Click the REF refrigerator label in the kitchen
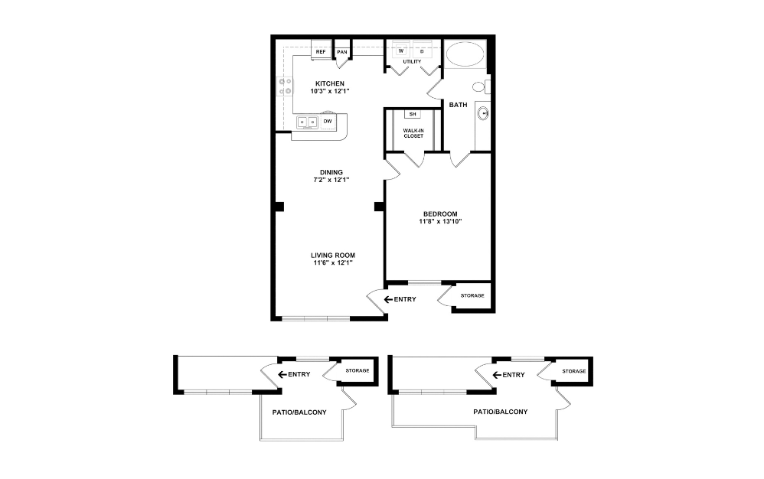tap(321, 52)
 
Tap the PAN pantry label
tap(342, 52)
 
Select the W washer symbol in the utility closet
tap(401, 51)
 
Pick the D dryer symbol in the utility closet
tap(422, 51)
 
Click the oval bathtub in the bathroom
tap(465, 55)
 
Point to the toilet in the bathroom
tap(480, 86)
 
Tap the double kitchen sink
tap(309, 121)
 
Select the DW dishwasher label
tap(328, 121)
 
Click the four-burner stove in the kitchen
tap(285, 86)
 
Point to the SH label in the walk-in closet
tap(413, 114)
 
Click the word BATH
tap(458, 105)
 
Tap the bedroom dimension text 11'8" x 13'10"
tap(439, 222)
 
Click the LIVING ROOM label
tap(333, 255)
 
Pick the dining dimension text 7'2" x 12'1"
tap(331, 180)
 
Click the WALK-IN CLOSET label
tap(413, 133)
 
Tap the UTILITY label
tap(413, 60)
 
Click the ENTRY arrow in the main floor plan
tap(388, 298)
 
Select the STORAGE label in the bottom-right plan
tap(573, 371)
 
